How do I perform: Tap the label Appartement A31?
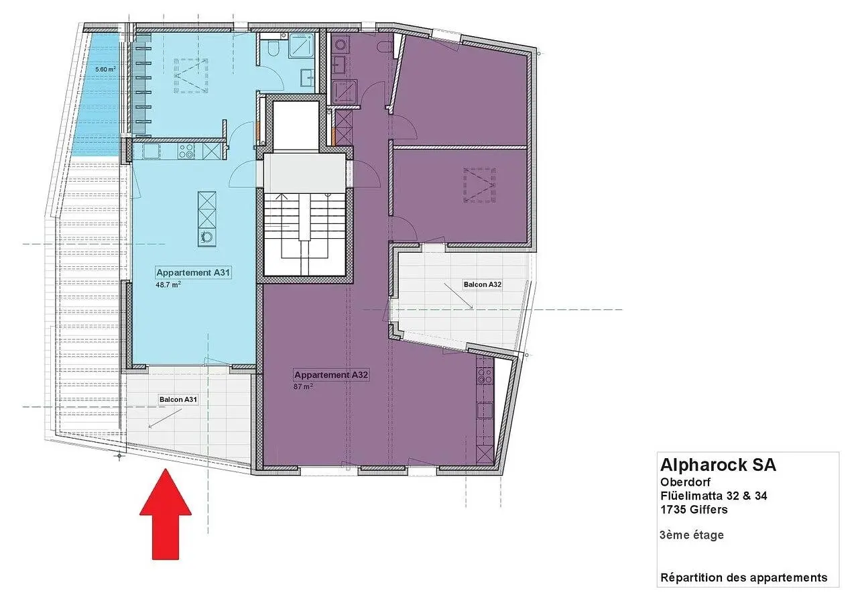click(193, 272)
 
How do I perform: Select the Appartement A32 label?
click(331, 375)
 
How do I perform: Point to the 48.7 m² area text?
click(168, 285)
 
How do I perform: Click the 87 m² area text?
click(303, 386)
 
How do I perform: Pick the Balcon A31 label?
click(178, 400)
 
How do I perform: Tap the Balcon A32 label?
click(482, 284)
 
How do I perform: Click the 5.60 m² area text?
click(105, 69)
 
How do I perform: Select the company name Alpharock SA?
click(718, 465)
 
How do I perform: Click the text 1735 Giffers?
click(694, 510)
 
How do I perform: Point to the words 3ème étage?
click(691, 535)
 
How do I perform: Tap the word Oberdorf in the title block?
click(685, 482)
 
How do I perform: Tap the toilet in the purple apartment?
click(383, 47)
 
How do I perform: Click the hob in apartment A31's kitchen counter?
click(186, 151)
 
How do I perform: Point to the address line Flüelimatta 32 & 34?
click(714, 496)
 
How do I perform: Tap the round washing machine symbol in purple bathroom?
click(340, 44)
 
